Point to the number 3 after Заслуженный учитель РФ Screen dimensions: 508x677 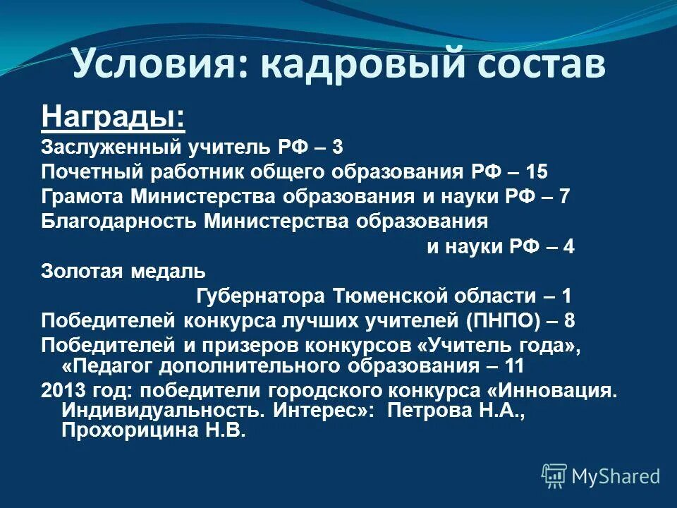(338, 147)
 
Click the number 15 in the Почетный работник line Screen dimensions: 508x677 (536, 171)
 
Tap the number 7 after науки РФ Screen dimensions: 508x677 (564, 196)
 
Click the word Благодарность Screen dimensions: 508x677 (119, 222)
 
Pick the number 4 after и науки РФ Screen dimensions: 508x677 (568, 247)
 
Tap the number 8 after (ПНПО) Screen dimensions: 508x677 (570, 320)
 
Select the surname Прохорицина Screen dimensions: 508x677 (131, 430)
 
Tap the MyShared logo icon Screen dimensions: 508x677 (554, 476)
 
